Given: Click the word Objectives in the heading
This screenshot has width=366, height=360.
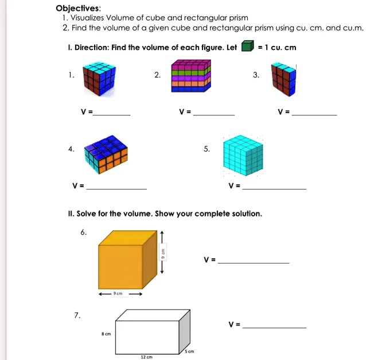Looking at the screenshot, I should [x=77, y=8].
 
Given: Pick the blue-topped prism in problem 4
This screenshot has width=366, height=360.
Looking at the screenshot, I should [x=106, y=153].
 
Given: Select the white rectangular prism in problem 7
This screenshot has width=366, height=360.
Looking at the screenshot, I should [x=153, y=331].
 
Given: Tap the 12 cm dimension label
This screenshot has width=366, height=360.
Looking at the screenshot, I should [x=146, y=357].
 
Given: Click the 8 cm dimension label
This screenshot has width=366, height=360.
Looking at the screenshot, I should [x=106, y=332].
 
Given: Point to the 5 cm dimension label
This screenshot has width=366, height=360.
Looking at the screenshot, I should [x=189, y=350].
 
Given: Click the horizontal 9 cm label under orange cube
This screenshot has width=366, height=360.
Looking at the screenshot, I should [x=119, y=293].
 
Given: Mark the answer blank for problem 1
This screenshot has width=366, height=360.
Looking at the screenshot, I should [x=112, y=115].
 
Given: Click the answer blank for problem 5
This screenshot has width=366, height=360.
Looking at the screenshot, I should [x=274, y=188].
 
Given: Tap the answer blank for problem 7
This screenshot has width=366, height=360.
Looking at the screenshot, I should [x=274, y=327].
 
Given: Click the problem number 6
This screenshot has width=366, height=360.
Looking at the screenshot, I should [x=84, y=232].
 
